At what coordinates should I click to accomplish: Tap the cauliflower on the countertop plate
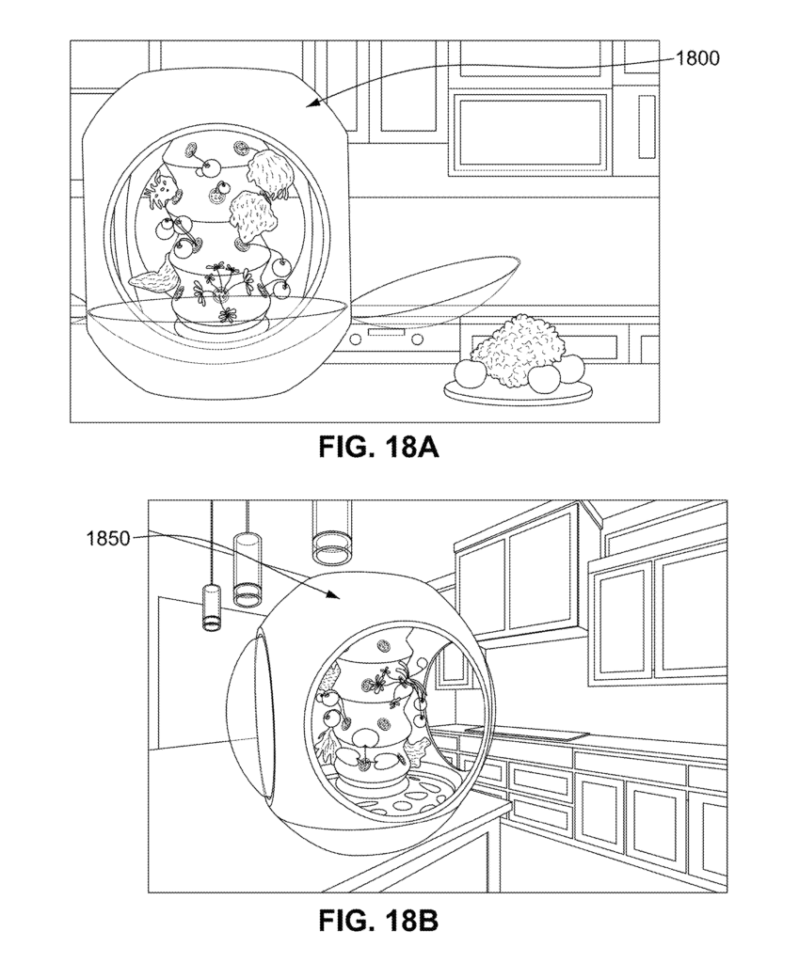coord(517,348)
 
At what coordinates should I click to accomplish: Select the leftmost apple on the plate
coord(469,374)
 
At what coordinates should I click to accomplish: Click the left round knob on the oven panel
coord(354,336)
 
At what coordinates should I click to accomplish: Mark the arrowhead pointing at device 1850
coord(334,597)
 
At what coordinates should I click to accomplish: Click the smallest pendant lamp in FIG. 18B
coord(211,607)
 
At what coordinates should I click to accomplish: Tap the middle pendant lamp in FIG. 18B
coord(246,570)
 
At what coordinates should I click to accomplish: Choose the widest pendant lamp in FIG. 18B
coord(331,529)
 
